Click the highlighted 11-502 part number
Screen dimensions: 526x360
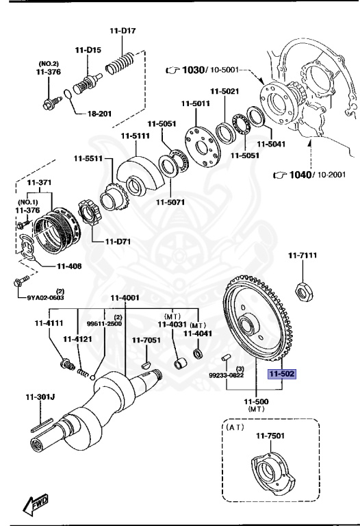(281, 375)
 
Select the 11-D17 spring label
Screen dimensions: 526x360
(124, 30)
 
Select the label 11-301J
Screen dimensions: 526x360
(40, 396)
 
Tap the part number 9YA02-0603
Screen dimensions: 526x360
(46, 297)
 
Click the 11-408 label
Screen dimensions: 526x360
(69, 266)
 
